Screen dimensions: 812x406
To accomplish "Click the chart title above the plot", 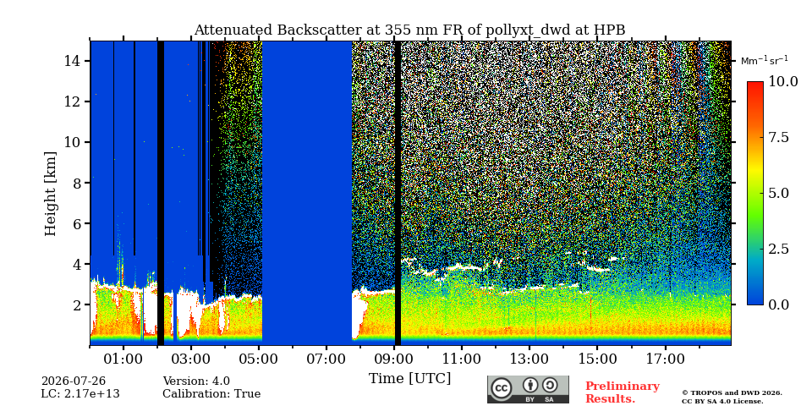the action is click(409, 30).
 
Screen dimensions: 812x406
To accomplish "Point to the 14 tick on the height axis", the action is click(74, 61).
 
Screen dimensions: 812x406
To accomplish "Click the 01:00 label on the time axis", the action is click(123, 359).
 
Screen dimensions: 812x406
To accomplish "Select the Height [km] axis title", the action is click(50, 193).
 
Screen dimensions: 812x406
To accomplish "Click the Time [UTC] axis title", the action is click(409, 379).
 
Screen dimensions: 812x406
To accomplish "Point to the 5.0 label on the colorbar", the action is click(777, 193).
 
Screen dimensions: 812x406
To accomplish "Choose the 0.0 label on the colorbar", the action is click(777, 304).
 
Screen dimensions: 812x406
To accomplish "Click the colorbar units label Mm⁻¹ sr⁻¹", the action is click(765, 60).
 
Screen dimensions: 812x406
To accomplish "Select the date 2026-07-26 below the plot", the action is click(74, 381).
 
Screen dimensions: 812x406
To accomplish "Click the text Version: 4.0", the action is click(196, 381).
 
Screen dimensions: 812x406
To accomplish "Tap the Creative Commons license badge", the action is click(528, 389).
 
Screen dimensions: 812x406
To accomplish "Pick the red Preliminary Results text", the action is click(623, 392).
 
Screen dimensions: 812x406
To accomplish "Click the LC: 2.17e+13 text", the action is click(80, 394).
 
